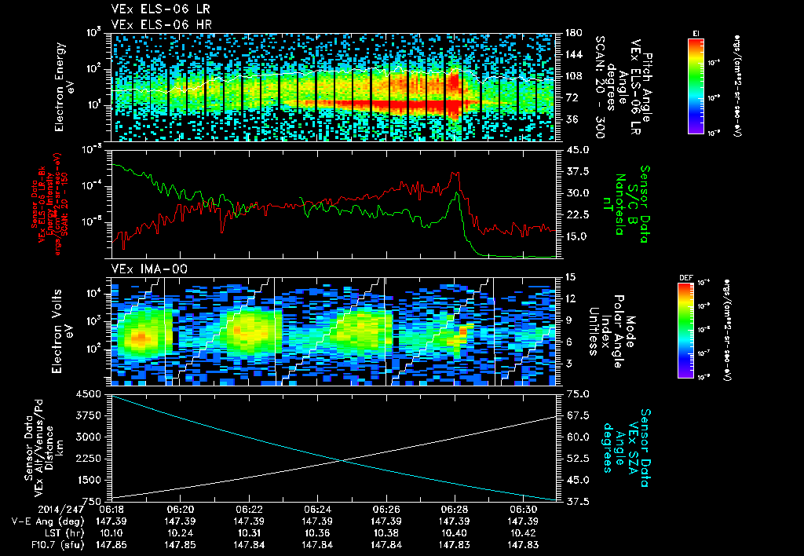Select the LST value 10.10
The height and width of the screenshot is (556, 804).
[111, 532]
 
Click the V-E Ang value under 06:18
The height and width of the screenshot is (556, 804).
[111, 521]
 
